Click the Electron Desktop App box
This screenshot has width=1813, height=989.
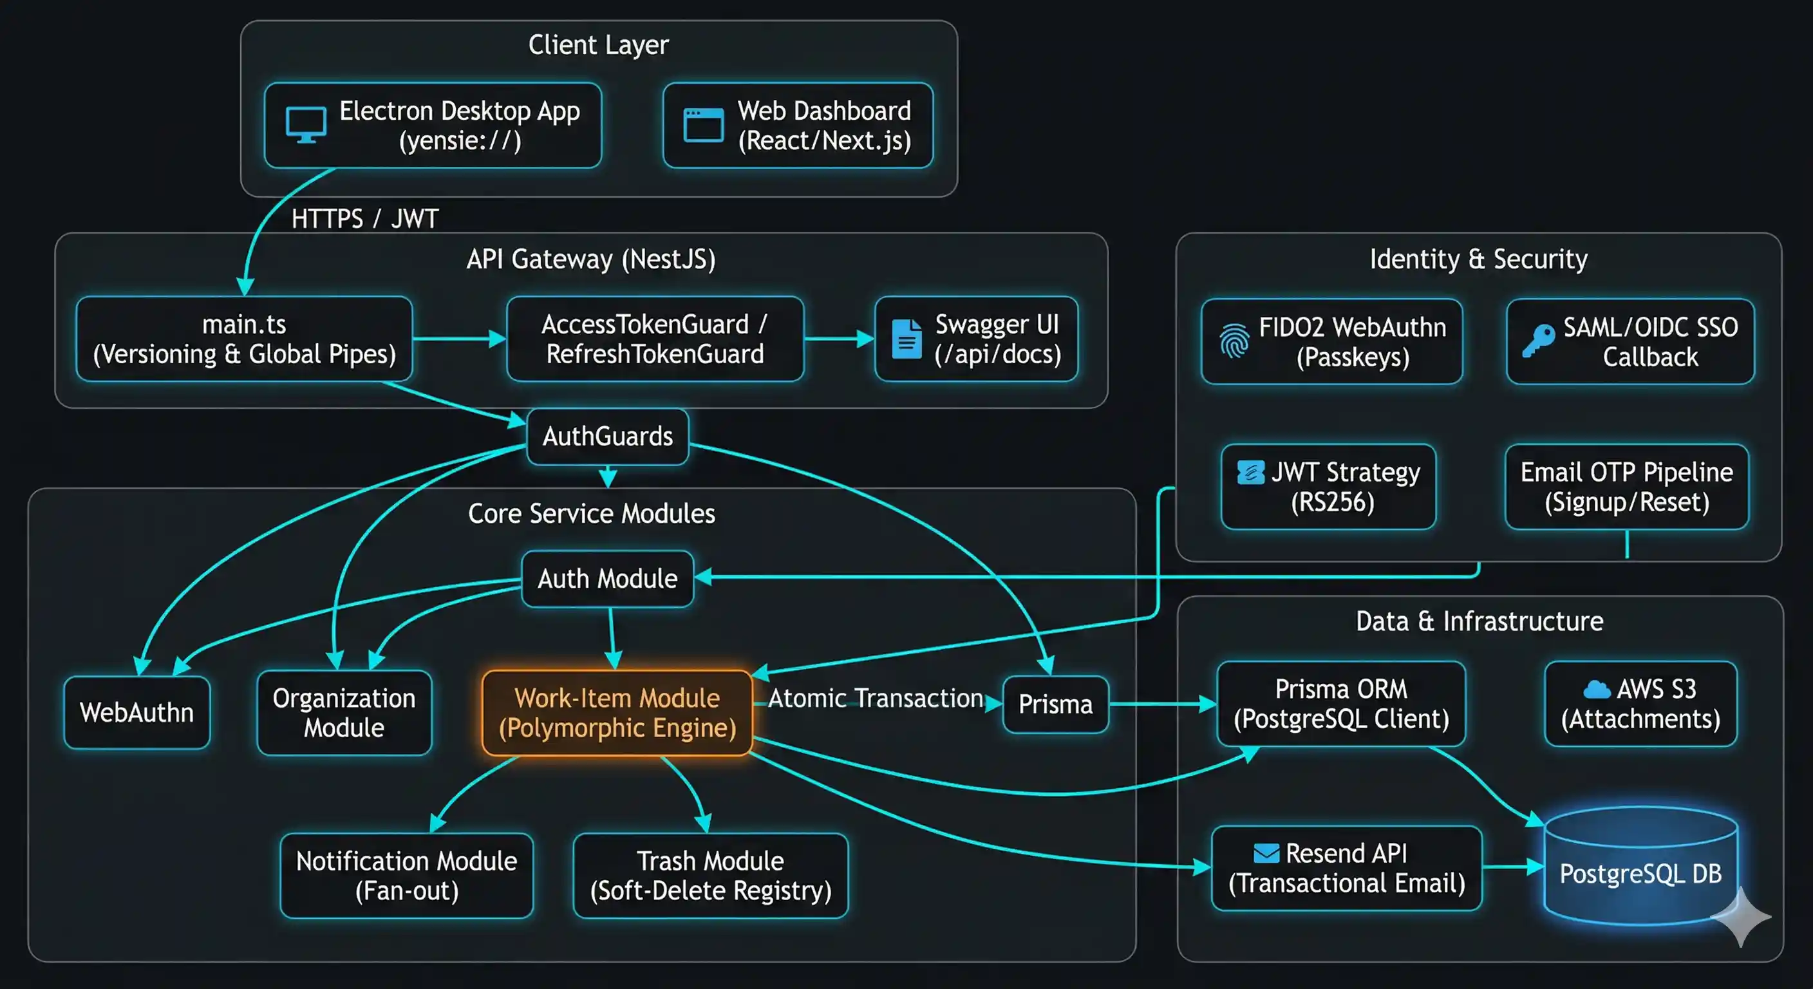click(433, 126)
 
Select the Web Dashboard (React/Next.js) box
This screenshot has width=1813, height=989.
click(798, 126)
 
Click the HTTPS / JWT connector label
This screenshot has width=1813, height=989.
click(364, 219)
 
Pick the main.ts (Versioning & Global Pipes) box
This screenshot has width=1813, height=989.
click(244, 339)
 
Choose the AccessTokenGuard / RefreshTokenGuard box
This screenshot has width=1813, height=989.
click(655, 339)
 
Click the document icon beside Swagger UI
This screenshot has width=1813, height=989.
click(906, 339)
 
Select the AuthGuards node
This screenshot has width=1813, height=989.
click(607, 437)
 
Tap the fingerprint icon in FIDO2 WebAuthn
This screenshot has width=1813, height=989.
click(1234, 341)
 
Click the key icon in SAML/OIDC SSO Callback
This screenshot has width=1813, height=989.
click(1539, 340)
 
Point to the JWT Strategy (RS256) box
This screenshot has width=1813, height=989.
click(1328, 486)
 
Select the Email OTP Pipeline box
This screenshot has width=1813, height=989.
click(1626, 486)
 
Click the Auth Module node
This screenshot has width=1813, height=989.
click(607, 579)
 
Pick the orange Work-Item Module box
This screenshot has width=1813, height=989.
click(617, 712)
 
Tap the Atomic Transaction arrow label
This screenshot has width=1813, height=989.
click(875, 698)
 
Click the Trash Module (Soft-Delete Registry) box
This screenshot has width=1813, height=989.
click(710, 875)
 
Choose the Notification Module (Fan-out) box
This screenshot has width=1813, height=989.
click(406, 875)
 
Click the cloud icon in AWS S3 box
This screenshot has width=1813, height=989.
click(1596, 689)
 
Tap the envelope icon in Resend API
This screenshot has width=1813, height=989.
click(1266, 853)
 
